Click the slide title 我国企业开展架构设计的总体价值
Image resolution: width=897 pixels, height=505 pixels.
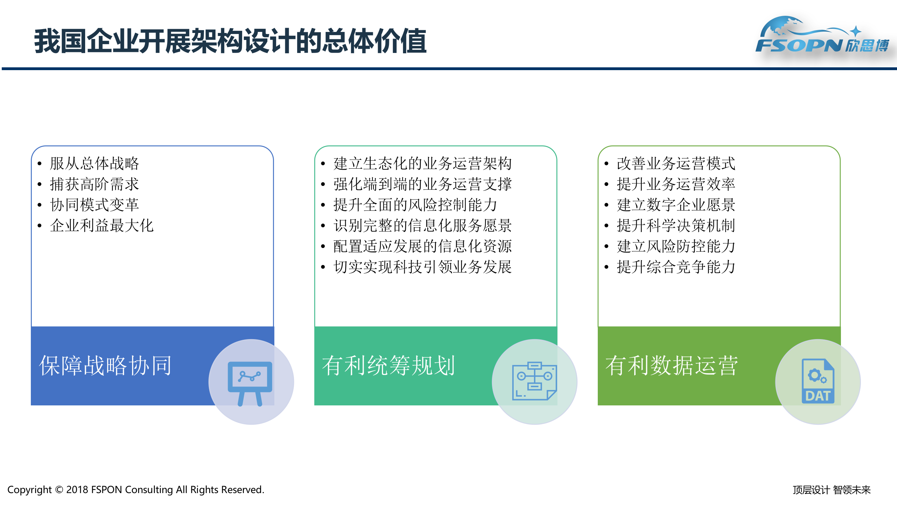click(x=230, y=41)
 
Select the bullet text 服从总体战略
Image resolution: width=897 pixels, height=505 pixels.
click(x=94, y=163)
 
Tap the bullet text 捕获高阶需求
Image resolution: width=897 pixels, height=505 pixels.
click(x=94, y=184)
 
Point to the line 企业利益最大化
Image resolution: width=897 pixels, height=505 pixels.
click(x=102, y=225)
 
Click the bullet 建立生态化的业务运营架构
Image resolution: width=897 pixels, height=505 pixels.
click(x=422, y=163)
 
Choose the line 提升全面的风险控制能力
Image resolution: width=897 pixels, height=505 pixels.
click(x=415, y=205)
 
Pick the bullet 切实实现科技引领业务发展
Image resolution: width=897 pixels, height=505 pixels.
click(x=422, y=267)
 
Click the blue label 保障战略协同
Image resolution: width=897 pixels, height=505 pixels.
click(x=105, y=366)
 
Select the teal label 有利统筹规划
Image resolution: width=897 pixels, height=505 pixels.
click(x=388, y=366)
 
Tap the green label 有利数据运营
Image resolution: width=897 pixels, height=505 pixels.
click(x=671, y=366)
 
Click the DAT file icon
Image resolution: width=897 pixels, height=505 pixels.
click(x=818, y=382)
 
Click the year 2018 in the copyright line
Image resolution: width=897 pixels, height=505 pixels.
click(x=77, y=490)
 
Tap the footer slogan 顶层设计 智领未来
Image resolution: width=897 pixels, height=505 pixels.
click(x=831, y=490)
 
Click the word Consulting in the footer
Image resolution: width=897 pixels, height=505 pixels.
click(x=149, y=490)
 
